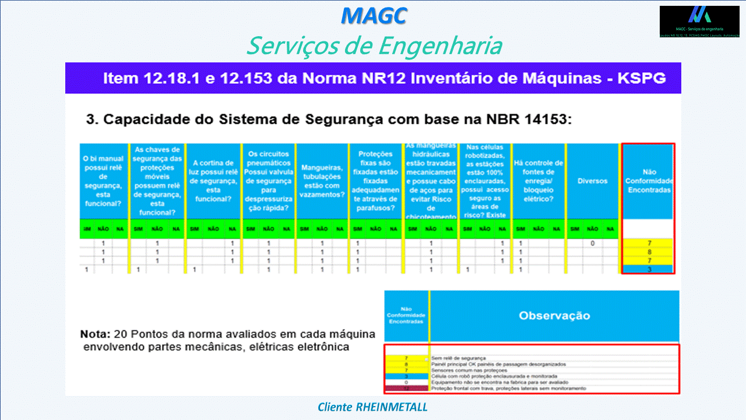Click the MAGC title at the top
(374, 16)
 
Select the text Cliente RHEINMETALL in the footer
(373, 407)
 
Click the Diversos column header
(592, 181)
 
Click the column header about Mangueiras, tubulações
(322, 181)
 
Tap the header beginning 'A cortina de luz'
(213, 181)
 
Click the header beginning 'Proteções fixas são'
(375, 181)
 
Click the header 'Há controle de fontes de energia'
(539, 181)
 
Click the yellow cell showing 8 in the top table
(649, 252)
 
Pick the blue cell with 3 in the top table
(649, 269)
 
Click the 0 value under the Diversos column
(592, 243)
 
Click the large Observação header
(554, 316)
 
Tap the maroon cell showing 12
(406, 388)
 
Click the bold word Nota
(95, 335)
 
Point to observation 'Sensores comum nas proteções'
(470, 370)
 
